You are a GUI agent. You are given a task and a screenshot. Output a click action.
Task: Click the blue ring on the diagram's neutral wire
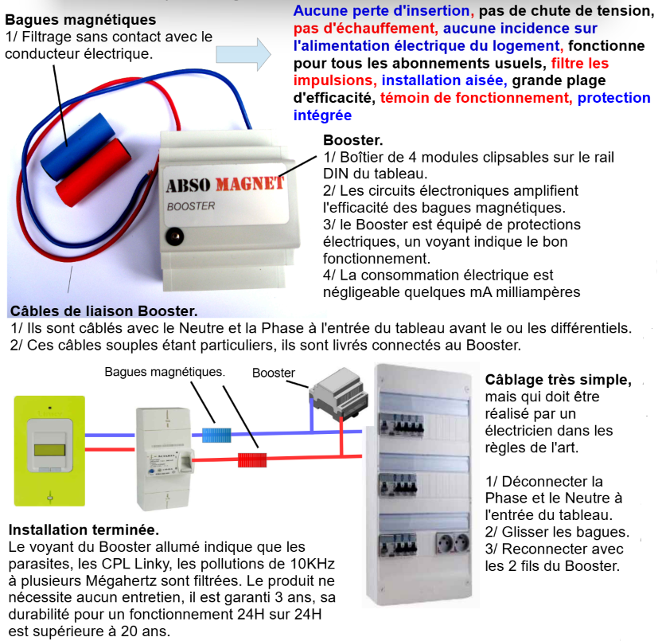click(216, 435)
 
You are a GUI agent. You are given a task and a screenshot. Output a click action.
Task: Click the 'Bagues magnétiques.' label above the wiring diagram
click(165, 372)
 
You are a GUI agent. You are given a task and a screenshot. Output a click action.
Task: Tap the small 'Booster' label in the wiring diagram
click(274, 373)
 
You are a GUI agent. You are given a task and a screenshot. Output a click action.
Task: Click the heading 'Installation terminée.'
click(83, 530)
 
